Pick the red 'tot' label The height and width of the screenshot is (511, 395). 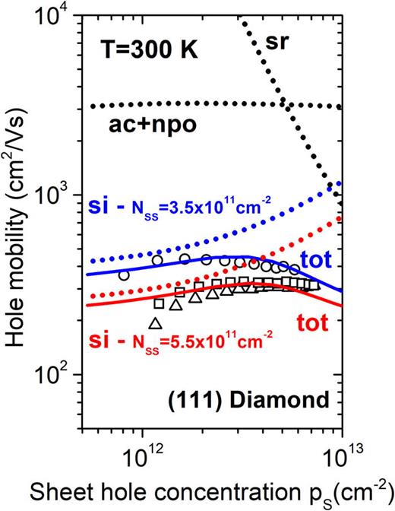[x=311, y=323]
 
